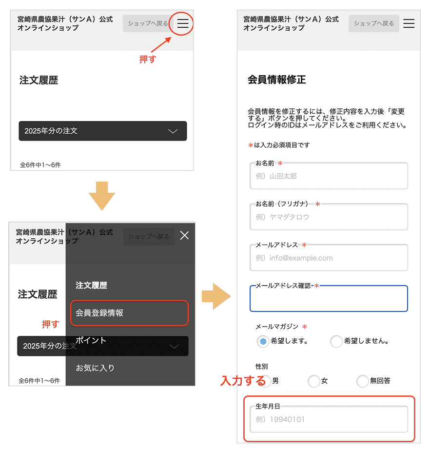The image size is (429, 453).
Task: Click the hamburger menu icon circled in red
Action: pos(182,23)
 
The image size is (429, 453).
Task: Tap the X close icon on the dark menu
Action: pos(184,236)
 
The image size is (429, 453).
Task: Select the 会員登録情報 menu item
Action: pos(129,313)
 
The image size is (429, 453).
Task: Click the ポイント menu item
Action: pos(91,340)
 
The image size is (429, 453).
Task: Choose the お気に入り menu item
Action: pos(95,368)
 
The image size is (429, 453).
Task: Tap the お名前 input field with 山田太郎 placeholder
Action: pos(329,176)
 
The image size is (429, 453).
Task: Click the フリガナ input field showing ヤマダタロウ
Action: pos(329,217)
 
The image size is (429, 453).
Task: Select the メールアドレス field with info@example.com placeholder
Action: pos(329,258)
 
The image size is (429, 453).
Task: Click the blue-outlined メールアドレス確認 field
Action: pos(329,299)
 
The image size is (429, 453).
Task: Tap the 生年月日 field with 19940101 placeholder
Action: pos(329,419)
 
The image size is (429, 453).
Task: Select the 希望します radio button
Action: pos(263,341)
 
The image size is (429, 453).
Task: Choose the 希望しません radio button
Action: pos(336,341)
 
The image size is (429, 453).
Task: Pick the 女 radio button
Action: pos(314,381)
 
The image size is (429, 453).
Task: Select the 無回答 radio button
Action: pos(363,381)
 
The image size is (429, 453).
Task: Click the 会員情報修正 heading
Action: pos(277,80)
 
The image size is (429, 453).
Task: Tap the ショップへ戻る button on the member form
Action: pos(373,23)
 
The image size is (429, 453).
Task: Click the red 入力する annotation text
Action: pos(243,380)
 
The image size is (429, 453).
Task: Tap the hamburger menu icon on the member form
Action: pos(409,23)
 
